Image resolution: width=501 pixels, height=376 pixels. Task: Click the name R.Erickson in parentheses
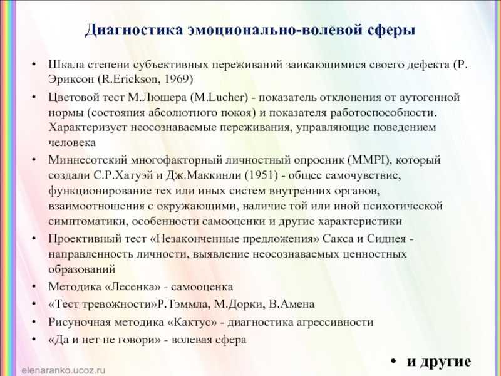[130, 79]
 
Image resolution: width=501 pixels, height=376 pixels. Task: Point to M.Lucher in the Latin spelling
[219, 97]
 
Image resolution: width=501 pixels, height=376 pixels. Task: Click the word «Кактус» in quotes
[192, 321]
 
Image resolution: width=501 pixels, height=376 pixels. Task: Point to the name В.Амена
[292, 304]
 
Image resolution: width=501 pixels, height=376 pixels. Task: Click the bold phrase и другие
[439, 362]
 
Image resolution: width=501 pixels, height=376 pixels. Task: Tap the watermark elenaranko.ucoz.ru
[63, 370]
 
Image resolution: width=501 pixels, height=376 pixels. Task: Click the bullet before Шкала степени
[34, 65]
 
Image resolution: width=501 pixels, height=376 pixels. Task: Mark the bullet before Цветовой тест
[34, 97]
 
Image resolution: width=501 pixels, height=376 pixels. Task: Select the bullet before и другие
[393, 362]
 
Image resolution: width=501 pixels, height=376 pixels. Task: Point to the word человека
[72, 142]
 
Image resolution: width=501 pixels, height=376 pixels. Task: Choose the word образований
[82, 269]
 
